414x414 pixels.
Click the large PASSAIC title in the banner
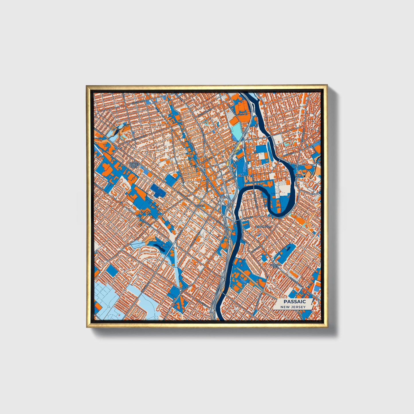pos(295,302)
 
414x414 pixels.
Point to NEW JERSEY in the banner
pos(293,307)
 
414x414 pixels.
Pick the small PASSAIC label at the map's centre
pos(199,206)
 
